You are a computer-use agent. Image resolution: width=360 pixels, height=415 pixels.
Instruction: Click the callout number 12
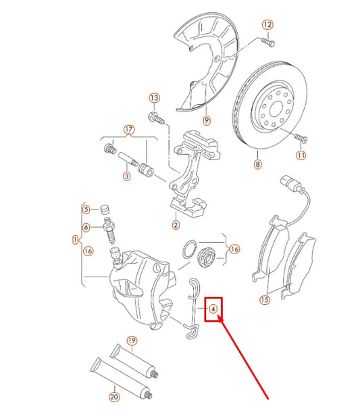[267, 25]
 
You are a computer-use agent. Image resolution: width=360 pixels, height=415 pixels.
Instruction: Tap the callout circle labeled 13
[154, 99]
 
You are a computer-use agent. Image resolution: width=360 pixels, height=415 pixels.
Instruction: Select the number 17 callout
[128, 129]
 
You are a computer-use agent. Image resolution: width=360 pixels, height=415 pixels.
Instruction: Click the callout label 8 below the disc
[257, 164]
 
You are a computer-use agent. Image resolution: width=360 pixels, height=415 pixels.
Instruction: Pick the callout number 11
[301, 155]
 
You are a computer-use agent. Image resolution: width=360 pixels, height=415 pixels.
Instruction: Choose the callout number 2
[176, 225]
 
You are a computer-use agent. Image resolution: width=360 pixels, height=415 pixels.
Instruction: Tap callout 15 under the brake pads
[264, 299]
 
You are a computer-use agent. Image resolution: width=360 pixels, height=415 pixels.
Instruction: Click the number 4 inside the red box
[213, 310]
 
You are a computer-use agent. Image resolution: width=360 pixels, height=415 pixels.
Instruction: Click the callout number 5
[86, 209]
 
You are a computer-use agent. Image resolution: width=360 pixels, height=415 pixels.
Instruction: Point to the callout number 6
[86, 227]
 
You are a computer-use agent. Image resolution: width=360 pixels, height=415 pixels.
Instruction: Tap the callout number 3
[126, 177]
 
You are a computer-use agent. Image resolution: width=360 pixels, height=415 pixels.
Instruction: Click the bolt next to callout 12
[267, 42]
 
